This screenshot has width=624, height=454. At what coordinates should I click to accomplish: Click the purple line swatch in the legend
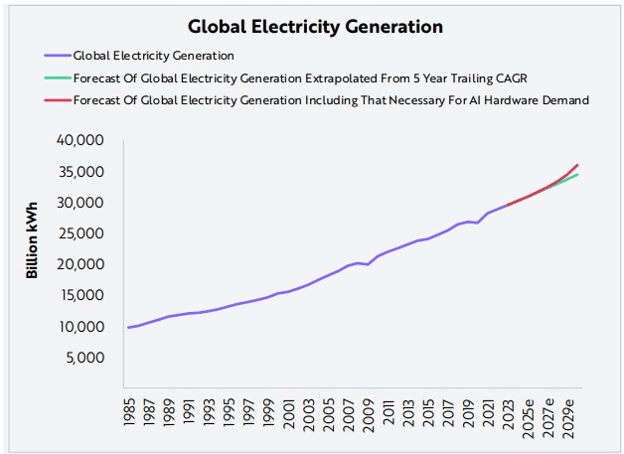[x=57, y=56]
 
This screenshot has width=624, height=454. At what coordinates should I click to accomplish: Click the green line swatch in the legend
[x=57, y=77]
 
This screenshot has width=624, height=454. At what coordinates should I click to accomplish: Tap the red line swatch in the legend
[x=57, y=99]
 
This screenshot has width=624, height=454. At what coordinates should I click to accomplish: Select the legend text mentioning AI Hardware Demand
[x=333, y=99]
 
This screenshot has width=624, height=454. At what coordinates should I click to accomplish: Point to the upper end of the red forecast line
[x=577, y=165]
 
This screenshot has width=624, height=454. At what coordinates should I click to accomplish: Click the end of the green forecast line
[x=577, y=175]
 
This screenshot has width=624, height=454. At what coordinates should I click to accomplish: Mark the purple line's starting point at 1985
[x=127, y=327]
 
